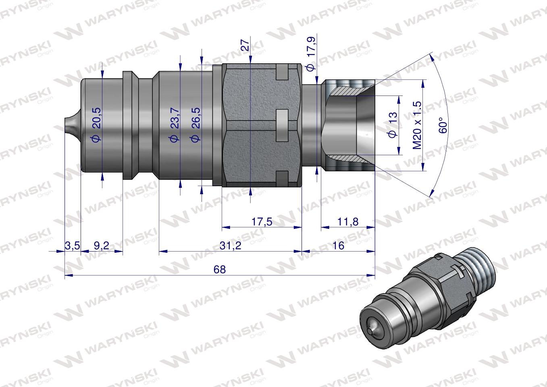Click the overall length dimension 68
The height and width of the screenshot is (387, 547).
[220, 269]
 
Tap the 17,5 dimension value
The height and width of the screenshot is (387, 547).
[262, 221]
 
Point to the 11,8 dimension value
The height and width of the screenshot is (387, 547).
[347, 221]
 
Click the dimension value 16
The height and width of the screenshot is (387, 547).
[339, 245]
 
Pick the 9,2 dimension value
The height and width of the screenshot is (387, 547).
[101, 245]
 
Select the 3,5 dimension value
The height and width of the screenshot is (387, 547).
[73, 245]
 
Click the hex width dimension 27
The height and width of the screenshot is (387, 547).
[245, 44]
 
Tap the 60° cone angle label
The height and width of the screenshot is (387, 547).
[443, 125]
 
